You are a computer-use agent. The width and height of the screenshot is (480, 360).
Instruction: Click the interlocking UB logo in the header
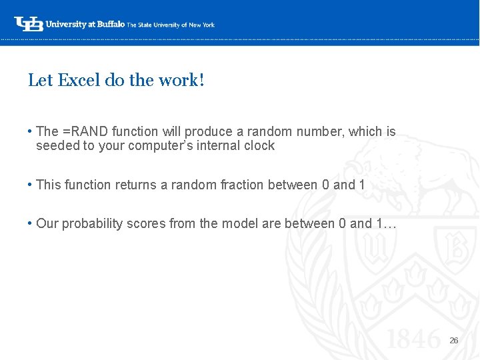(29, 24)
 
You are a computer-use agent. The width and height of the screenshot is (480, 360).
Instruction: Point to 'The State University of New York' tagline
(171, 25)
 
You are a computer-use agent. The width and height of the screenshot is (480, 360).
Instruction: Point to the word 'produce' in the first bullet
(206, 132)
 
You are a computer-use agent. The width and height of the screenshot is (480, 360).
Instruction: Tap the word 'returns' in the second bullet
(136, 185)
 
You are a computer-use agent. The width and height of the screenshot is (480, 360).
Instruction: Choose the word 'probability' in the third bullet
(90, 223)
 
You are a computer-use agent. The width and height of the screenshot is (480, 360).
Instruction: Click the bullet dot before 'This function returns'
(31, 185)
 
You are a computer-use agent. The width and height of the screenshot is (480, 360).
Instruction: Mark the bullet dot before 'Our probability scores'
(31, 223)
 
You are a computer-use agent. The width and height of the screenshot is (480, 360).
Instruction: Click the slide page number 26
(454, 341)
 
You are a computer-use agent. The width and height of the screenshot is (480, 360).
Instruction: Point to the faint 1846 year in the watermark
(413, 340)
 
